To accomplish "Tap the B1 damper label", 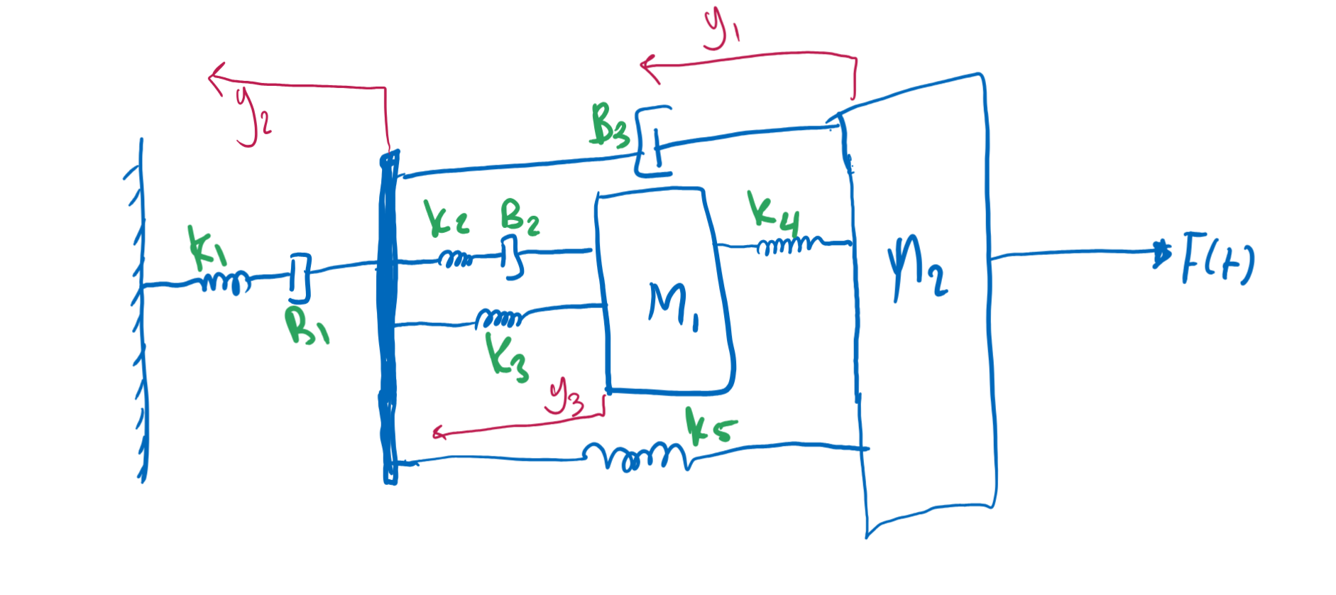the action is (x=306, y=327).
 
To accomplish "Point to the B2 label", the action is (x=520, y=216).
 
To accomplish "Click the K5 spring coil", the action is (x=635, y=456).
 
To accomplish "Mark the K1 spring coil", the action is (x=226, y=283).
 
